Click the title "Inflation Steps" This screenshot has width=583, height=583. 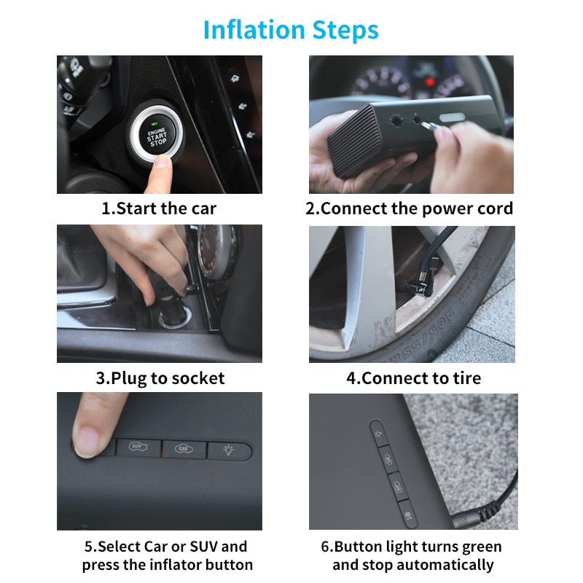(x=291, y=30)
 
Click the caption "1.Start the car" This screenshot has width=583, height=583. (x=159, y=208)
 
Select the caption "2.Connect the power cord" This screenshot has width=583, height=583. (x=409, y=208)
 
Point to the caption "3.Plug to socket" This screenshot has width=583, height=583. (x=160, y=378)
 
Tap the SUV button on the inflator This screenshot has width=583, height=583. (x=136, y=447)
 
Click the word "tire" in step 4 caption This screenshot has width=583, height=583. (x=465, y=378)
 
